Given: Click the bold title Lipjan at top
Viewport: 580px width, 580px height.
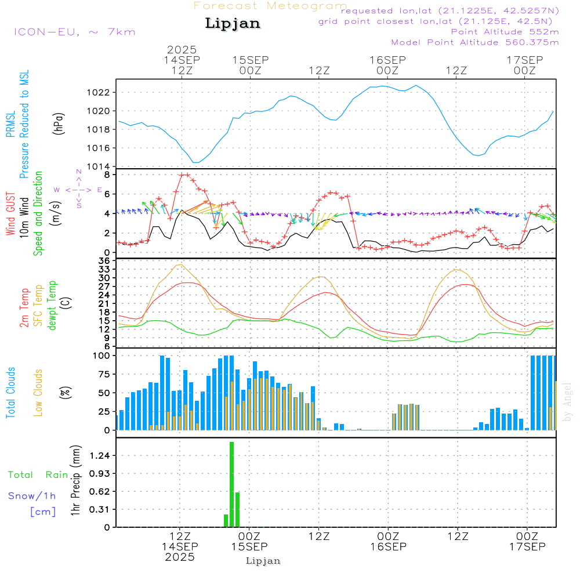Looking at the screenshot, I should (233, 24).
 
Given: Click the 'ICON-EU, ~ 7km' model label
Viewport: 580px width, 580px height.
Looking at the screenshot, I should (74, 32).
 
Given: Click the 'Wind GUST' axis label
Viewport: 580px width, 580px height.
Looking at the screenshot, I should (11, 214).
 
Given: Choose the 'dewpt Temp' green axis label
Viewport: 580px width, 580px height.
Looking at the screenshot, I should (53, 306).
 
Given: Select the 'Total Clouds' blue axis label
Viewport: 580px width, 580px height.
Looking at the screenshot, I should (11, 393).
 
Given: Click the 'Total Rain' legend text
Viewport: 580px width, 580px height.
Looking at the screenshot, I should (38, 475).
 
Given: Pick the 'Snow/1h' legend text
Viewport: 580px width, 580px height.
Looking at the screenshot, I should (32, 496).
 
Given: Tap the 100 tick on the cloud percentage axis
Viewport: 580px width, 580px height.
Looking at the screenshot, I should (101, 356).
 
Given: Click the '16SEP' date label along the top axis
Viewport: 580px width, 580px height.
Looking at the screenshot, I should (387, 60).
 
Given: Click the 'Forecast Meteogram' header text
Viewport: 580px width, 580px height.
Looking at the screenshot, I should (270, 6).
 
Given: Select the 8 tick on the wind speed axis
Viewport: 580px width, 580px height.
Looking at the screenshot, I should (107, 174).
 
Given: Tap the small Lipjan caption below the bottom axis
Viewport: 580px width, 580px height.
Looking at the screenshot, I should (263, 561).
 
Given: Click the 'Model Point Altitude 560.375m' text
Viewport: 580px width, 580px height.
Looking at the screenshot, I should (475, 42).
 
